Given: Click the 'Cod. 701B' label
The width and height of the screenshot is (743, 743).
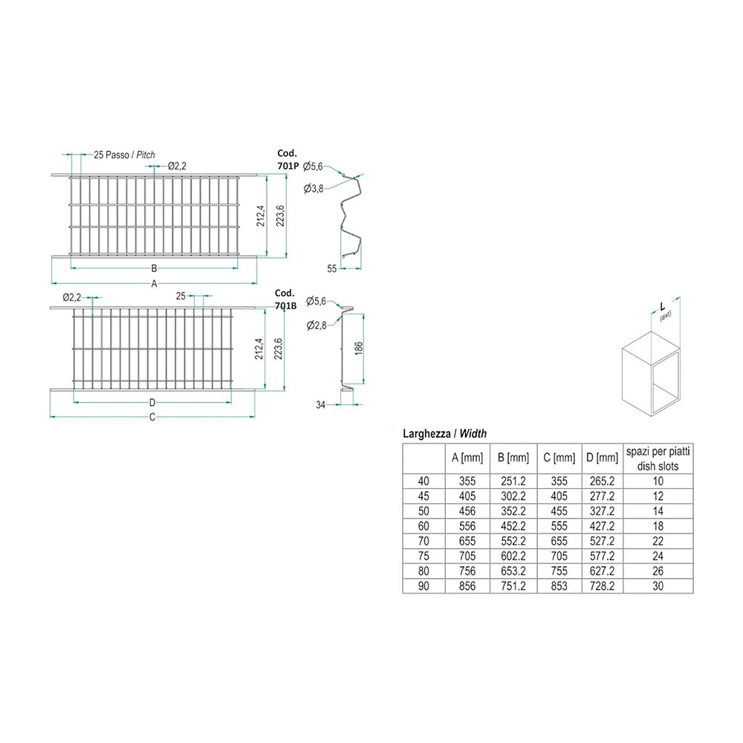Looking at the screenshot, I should (285, 298).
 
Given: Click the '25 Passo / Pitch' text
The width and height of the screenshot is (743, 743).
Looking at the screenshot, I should (124, 155).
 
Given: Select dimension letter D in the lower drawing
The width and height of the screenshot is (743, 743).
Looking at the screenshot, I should (152, 403).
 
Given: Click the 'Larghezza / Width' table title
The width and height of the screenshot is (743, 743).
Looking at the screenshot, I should (444, 433).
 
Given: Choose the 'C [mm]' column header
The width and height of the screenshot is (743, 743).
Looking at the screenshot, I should (559, 458).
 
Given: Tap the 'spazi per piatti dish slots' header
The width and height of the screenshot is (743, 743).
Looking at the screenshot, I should (658, 458).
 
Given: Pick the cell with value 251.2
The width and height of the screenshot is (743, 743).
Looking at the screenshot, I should (513, 481).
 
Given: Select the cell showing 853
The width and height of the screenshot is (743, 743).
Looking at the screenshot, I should (559, 587).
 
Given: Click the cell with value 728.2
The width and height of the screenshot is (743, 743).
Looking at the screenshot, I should (601, 587).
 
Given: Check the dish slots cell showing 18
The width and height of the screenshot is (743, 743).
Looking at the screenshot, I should (658, 526).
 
